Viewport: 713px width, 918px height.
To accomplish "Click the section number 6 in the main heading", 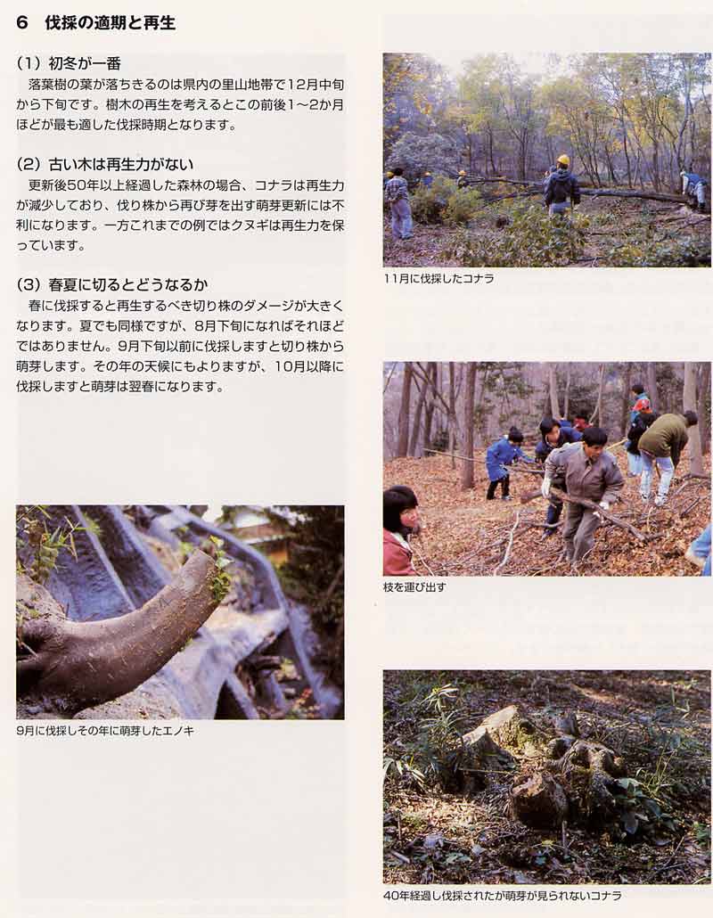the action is (22, 23).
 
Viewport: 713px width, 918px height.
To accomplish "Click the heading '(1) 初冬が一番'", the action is (69, 63).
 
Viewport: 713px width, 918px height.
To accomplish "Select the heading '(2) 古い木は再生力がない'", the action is (105, 165).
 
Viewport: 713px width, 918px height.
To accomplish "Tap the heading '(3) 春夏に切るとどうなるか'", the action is (112, 285).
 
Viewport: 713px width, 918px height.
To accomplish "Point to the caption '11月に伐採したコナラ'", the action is (439, 279).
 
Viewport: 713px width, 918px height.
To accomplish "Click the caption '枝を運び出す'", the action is (414, 586).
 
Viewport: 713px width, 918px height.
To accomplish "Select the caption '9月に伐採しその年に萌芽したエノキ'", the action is (105, 731).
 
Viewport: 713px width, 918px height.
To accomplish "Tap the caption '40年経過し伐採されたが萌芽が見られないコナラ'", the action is (503, 896).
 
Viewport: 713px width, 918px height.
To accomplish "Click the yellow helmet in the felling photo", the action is (563, 160).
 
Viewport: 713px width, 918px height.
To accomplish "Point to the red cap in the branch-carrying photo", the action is (642, 405).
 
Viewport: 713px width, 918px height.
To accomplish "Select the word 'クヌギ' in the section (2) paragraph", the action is (249, 226).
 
